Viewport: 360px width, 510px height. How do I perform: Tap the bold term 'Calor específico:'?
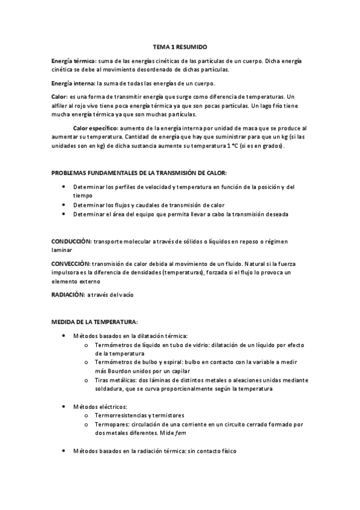coord(95,128)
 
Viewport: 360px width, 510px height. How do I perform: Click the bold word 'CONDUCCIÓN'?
coord(71,242)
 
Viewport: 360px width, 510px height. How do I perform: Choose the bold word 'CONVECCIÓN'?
coord(71,264)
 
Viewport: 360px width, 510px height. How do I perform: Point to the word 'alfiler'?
coord(60,106)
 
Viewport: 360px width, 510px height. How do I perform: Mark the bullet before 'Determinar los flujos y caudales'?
coord(64,204)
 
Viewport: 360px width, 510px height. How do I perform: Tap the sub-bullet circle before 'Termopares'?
coord(88,424)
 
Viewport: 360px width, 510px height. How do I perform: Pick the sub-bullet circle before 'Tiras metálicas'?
coord(88,380)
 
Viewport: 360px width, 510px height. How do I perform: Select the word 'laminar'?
coord(61,250)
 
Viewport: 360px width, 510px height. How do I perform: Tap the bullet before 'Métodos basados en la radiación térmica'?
coord(64,450)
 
